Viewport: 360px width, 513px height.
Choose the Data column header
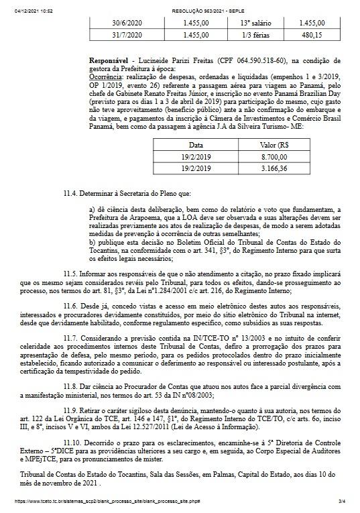(196, 144)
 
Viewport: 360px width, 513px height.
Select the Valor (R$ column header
(274, 144)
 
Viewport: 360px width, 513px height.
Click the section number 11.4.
(71, 193)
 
